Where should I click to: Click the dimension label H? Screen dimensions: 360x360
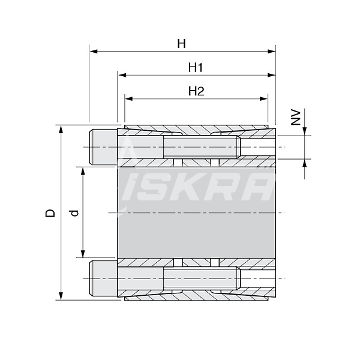(181, 43)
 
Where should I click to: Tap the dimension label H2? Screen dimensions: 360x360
(196, 91)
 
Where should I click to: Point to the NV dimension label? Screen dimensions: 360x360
(295, 117)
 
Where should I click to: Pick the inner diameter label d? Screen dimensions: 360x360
(73, 213)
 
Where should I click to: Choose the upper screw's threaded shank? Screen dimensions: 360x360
(201, 147)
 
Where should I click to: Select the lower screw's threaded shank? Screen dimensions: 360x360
(201, 278)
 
